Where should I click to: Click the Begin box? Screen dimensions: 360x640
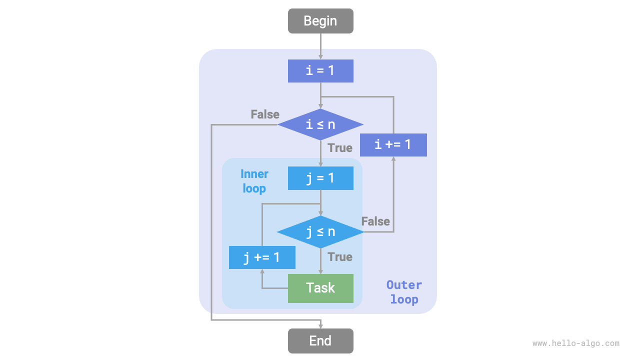pos(320,21)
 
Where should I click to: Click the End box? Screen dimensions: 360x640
pos(320,341)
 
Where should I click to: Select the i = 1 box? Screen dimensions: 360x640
pos(320,70)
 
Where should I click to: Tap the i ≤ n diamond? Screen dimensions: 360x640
pos(320,124)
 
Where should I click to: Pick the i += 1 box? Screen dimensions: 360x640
pos(393,145)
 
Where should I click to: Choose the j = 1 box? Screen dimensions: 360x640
pos(320,178)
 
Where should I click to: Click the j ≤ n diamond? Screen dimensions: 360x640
pos(320,232)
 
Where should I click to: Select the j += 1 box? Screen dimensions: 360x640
pos(262,257)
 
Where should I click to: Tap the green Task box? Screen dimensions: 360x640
pos(320,288)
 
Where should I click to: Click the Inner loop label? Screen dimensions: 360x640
pos(254,181)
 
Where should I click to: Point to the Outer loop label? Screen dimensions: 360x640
pos(404,292)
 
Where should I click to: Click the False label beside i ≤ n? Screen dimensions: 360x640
pos(265,114)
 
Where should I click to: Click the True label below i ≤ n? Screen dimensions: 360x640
pos(340,148)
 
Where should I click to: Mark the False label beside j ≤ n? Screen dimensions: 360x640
pos(375,221)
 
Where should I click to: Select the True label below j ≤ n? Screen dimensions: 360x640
pos(340,257)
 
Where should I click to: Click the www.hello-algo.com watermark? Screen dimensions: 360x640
pos(575,343)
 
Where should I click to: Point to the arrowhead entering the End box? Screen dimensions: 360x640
pos(320,325)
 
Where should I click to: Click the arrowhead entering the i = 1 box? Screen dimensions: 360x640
pos(320,56)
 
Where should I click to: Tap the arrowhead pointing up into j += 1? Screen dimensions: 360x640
pos(262,272)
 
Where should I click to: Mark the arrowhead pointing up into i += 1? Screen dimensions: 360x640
pos(393,159)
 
